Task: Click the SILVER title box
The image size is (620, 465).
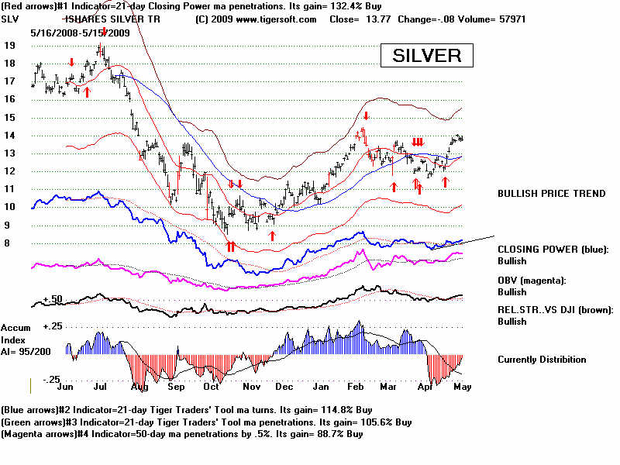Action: pos(426,56)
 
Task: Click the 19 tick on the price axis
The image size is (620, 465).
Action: pos(9,45)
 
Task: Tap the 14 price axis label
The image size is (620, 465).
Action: pos(9,135)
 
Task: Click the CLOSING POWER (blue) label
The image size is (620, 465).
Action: pos(553,250)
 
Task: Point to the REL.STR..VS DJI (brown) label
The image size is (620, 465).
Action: pos(555,309)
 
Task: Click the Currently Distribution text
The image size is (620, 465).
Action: pos(542,360)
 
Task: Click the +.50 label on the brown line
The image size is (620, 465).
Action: pos(52,298)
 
